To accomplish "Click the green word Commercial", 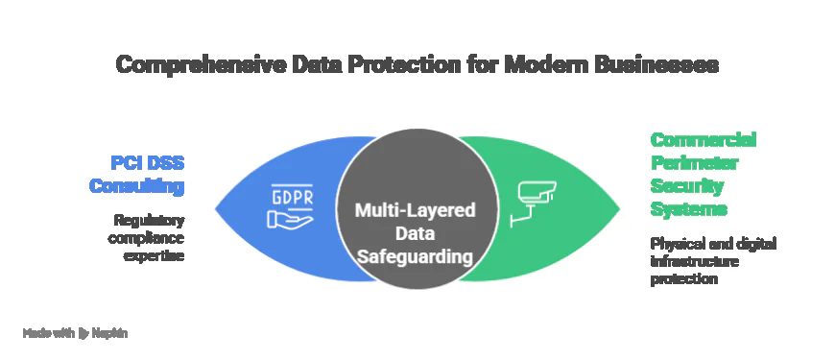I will pyautogui.click(x=704, y=137).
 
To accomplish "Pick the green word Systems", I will pyautogui.click(x=685, y=208).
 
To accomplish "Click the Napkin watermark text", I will pyautogui.click(x=112, y=333).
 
